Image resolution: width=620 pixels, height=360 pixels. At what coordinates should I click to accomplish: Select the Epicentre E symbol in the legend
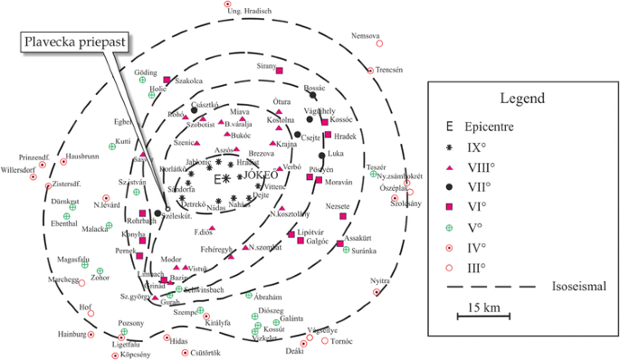pos(450,128)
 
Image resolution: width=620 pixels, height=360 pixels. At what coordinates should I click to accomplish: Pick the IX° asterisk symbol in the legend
pos(450,148)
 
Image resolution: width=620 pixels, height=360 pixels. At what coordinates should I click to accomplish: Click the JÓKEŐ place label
pos(261,174)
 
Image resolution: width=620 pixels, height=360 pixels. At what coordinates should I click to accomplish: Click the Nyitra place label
pos(386,281)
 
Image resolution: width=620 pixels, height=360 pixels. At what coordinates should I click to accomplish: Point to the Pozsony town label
pos(131,323)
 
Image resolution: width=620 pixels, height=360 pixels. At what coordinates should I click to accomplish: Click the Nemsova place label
pos(365,35)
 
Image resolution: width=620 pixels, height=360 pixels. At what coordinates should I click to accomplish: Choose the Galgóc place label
pos(317,242)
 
